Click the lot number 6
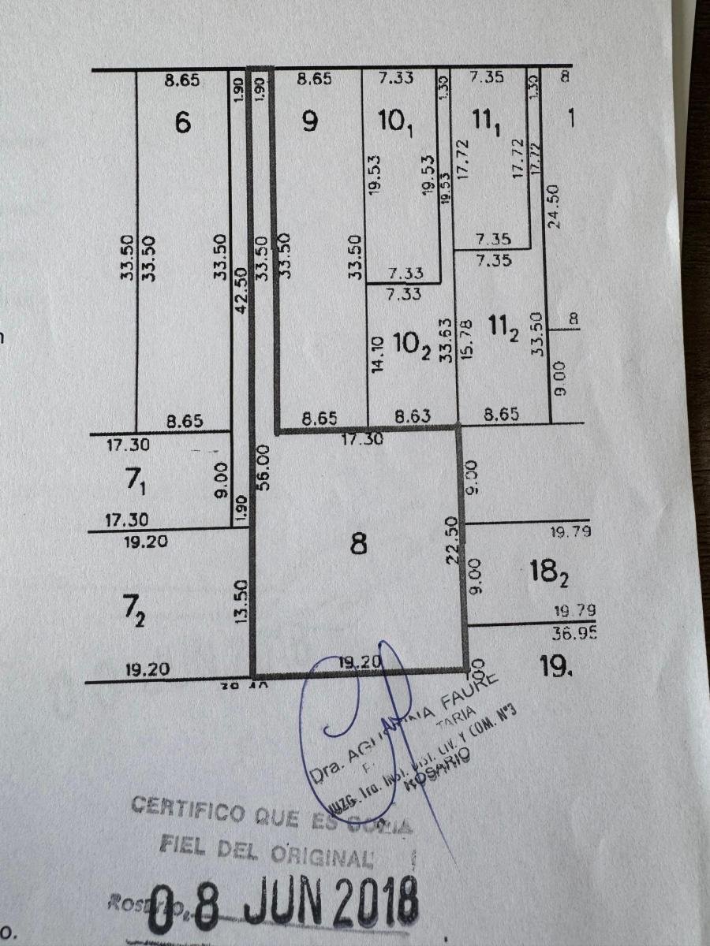[183, 122]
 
